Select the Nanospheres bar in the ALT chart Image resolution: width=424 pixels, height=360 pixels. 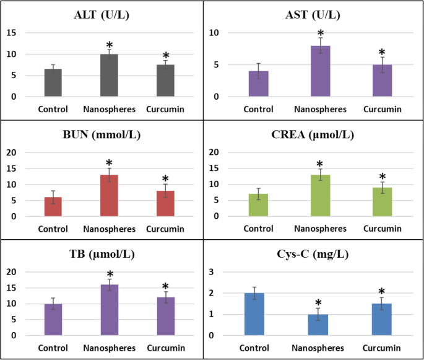[x=109, y=75]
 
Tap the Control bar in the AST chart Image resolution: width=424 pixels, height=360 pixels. [x=258, y=84]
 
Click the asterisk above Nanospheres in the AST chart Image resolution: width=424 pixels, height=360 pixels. [x=321, y=34]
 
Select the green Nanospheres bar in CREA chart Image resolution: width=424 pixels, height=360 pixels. [x=321, y=195]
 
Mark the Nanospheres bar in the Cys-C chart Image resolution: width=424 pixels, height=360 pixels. [x=319, y=325]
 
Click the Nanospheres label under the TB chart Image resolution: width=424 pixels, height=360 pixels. [x=109, y=349]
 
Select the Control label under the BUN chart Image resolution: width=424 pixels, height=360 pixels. [x=53, y=229]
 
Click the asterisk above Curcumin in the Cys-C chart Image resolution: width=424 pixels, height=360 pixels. [x=381, y=292]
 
